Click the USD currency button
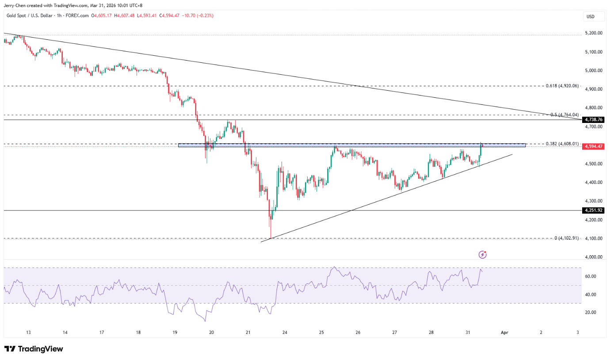[590, 17]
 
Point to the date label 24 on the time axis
[285, 332]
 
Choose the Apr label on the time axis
[504, 332]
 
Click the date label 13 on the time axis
[28, 332]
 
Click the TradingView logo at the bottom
[34, 349]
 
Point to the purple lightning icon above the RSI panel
[483, 254]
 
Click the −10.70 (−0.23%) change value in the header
[198, 15]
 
